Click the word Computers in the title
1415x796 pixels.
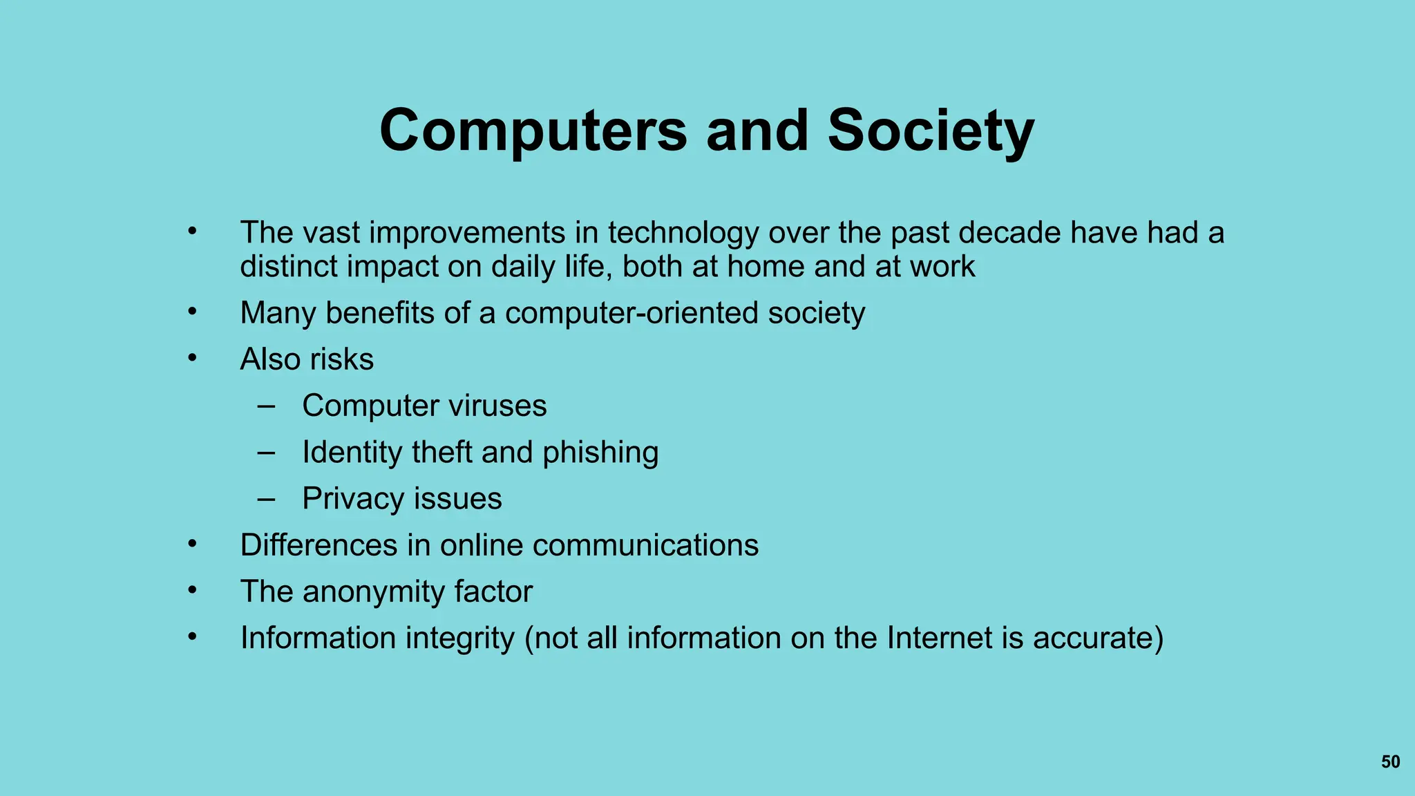pyautogui.click(x=533, y=131)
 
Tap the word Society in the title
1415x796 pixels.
pyautogui.click(x=931, y=131)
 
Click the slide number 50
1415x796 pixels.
pyautogui.click(x=1390, y=761)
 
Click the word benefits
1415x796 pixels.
pyautogui.click(x=380, y=313)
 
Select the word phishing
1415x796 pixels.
pyautogui.click(x=600, y=453)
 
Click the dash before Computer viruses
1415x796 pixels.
pyautogui.click(x=266, y=406)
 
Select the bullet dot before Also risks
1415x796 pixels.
pyautogui.click(x=193, y=358)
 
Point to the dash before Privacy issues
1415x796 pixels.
pyautogui.click(x=266, y=499)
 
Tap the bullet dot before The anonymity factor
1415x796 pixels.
pyautogui.click(x=193, y=591)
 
